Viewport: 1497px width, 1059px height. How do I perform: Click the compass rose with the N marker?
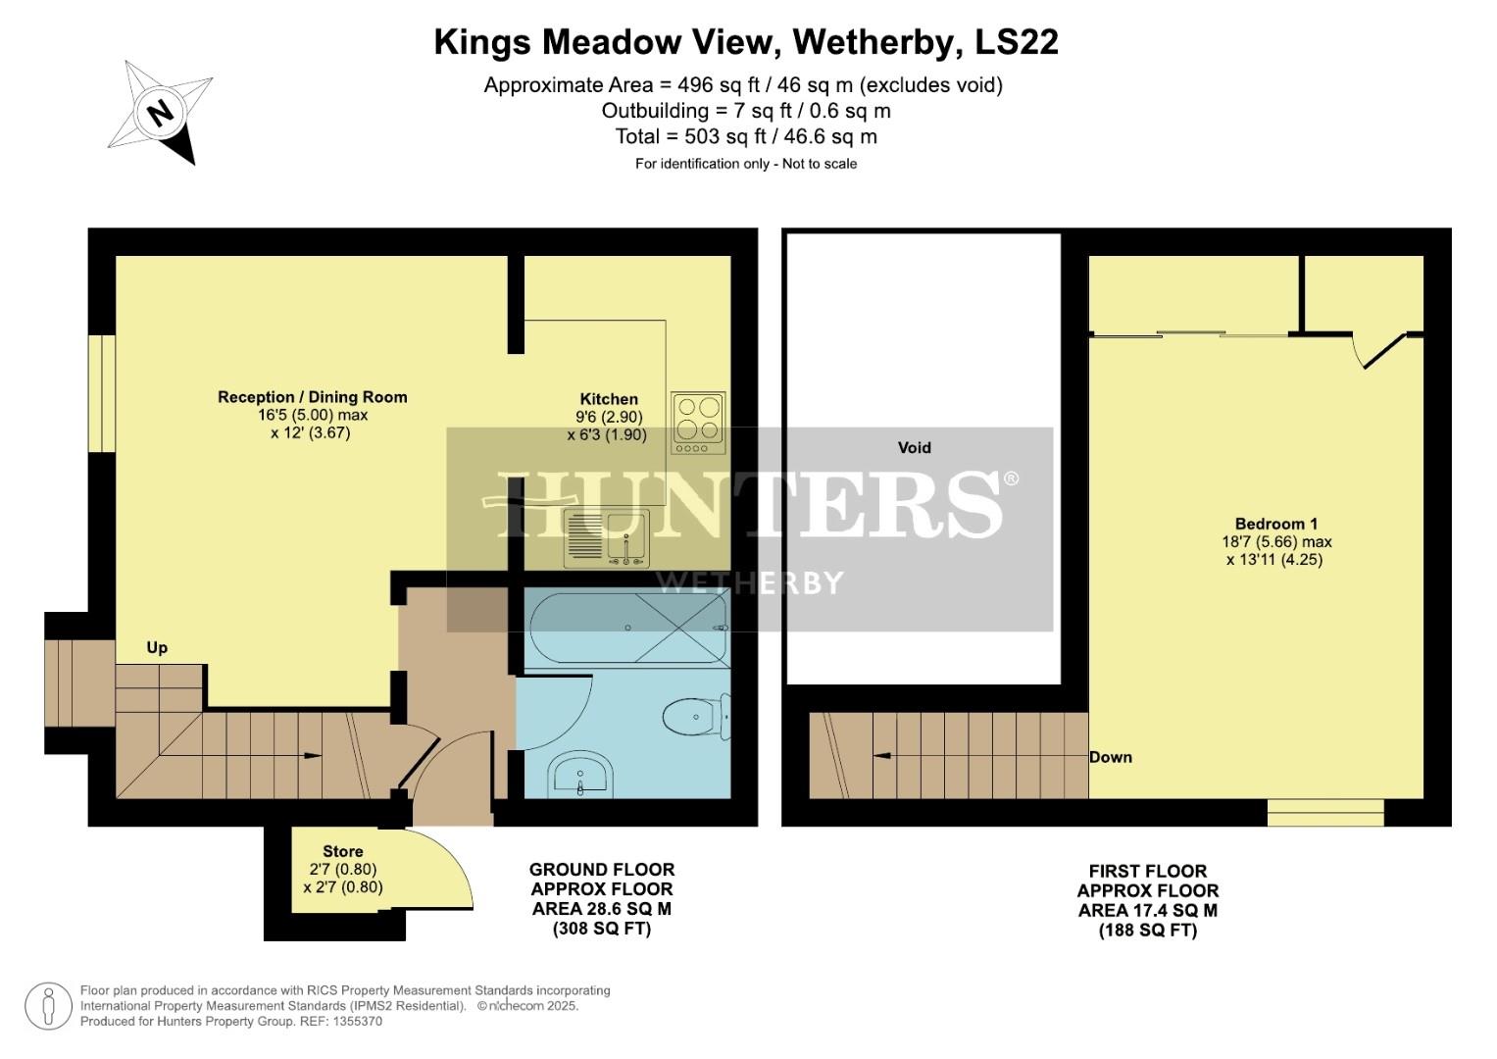pos(160,112)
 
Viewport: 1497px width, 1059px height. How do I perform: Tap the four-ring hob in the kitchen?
pos(698,423)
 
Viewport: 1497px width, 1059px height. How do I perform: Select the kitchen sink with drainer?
pos(606,538)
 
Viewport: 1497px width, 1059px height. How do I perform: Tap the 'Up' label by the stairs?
pos(157,647)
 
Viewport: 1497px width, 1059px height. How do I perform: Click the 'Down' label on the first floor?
pos(1111,757)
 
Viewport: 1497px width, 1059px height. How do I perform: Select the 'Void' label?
pos(914,447)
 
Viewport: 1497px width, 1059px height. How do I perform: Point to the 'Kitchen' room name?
pos(609,399)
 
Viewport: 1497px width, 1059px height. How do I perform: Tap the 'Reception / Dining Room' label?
pos(312,397)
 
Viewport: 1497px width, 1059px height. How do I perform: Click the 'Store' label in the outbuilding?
pos(343,851)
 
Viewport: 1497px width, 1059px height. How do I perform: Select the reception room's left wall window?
pos(102,394)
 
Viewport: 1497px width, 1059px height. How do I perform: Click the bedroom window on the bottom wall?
pos(1325,812)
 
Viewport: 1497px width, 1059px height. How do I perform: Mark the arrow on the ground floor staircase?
pos(312,755)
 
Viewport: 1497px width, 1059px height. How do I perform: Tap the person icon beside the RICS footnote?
pos(48,1006)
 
